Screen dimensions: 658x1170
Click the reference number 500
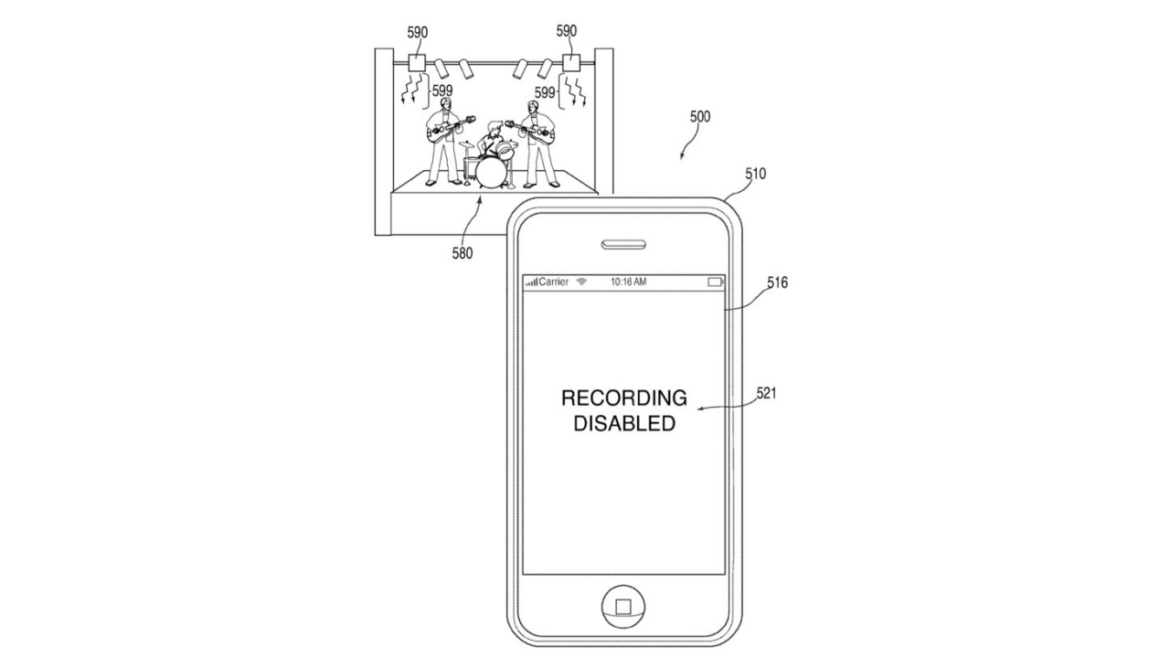[x=699, y=117]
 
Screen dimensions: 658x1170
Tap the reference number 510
[x=755, y=174]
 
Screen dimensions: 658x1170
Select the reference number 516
[x=777, y=283]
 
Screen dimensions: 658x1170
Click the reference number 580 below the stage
[x=462, y=253]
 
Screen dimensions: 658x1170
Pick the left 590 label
[x=418, y=32]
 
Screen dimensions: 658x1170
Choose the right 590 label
[x=567, y=31]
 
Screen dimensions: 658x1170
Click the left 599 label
[x=443, y=90]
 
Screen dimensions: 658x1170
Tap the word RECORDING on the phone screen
[x=623, y=398]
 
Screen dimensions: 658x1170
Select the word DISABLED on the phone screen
[x=624, y=424]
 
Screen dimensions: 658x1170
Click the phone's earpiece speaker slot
[x=624, y=245]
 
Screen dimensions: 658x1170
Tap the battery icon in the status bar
[x=716, y=282]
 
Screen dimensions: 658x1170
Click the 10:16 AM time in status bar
[x=628, y=282]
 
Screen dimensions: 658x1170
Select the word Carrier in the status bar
[x=554, y=282]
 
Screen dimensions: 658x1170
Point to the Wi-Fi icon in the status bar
[x=581, y=282]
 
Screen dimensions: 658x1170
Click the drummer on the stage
[x=495, y=142]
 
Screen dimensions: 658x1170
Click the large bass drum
[x=492, y=172]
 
